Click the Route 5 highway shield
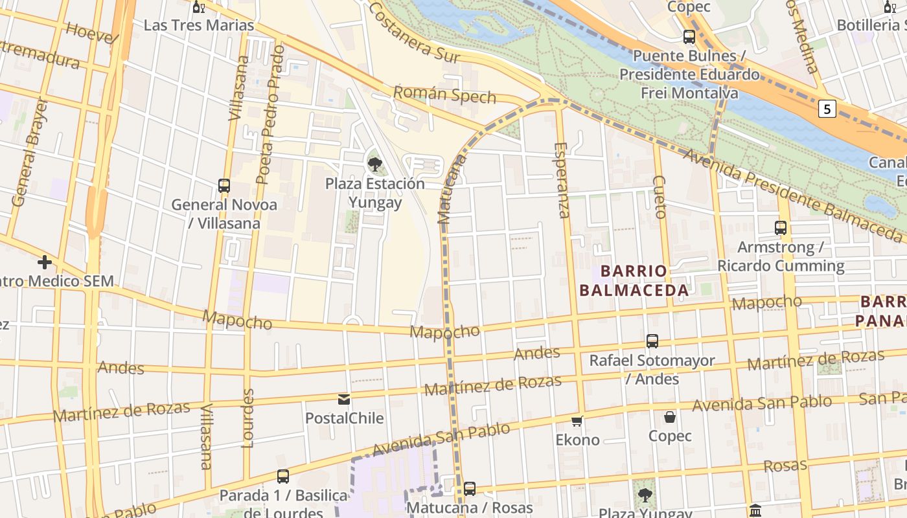pyautogui.click(x=826, y=109)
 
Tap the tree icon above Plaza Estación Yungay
pyautogui.click(x=374, y=164)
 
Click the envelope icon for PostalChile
pyautogui.click(x=344, y=400)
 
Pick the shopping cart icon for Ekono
pyautogui.click(x=577, y=422)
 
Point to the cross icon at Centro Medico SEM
pyautogui.click(x=45, y=262)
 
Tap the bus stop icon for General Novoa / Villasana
pyautogui.click(x=224, y=186)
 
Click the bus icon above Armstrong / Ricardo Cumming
pyautogui.click(x=781, y=228)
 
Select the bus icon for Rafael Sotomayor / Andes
pyautogui.click(x=652, y=341)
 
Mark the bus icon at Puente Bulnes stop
pyautogui.click(x=689, y=37)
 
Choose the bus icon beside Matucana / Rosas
pyautogui.click(x=470, y=489)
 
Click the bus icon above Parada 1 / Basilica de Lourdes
pyautogui.click(x=283, y=477)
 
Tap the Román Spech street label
pyautogui.click(x=444, y=95)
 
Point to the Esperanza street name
pyautogui.click(x=561, y=180)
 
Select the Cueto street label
pyautogui.click(x=660, y=196)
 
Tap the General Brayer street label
pyautogui.click(x=30, y=153)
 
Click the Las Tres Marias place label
pyautogui.click(x=199, y=25)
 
